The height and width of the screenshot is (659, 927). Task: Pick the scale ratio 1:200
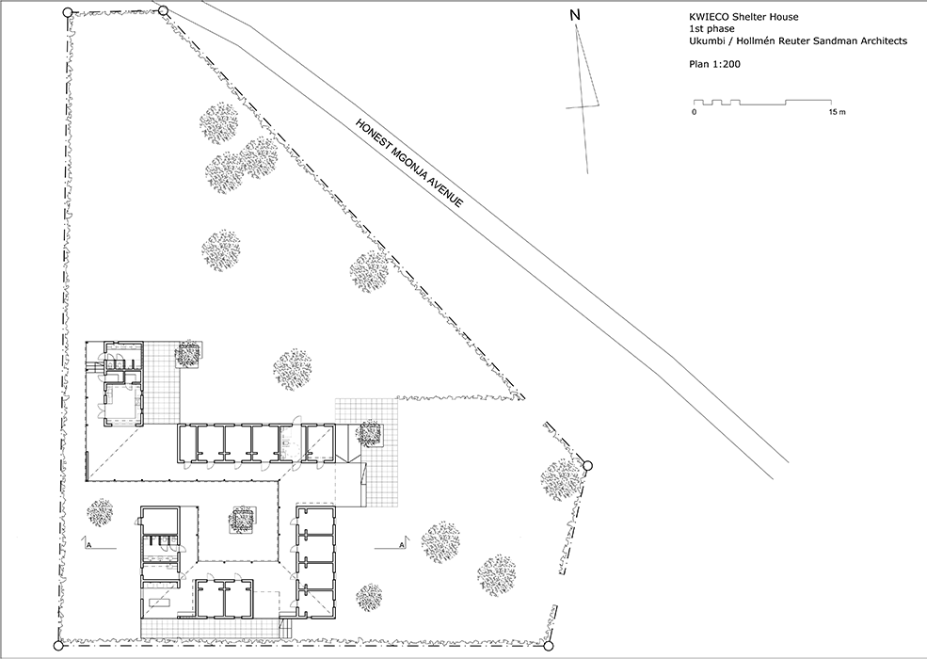pyautogui.click(x=726, y=64)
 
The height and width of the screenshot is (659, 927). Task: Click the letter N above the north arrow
pyautogui.click(x=575, y=16)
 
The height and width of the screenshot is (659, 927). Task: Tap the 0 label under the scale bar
pyautogui.click(x=694, y=112)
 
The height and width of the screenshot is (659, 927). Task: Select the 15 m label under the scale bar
pyautogui.click(x=838, y=112)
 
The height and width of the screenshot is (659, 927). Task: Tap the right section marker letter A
pyautogui.click(x=402, y=543)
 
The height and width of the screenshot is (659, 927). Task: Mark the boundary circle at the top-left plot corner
pyautogui.click(x=68, y=11)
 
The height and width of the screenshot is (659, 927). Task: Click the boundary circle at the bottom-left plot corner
pyautogui.click(x=58, y=646)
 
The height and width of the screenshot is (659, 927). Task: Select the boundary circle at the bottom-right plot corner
pyautogui.click(x=548, y=646)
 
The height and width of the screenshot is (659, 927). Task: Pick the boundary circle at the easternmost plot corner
pyautogui.click(x=587, y=466)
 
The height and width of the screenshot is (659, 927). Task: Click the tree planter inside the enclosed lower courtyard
pyautogui.click(x=241, y=520)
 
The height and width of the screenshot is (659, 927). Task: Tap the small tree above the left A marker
pyautogui.click(x=100, y=512)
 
